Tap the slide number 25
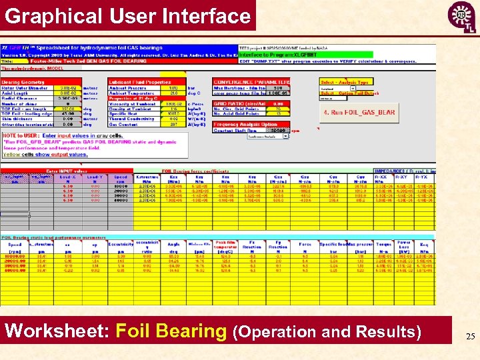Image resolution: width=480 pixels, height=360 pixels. [470, 337]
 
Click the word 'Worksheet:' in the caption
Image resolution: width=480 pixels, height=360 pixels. [57, 331]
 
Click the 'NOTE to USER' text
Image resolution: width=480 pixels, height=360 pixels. [20, 135]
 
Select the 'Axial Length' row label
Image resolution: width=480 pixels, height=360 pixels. [17, 93]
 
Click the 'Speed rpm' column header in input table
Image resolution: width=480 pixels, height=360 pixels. [120, 178]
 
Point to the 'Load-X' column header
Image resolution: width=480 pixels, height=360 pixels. [67, 178]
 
